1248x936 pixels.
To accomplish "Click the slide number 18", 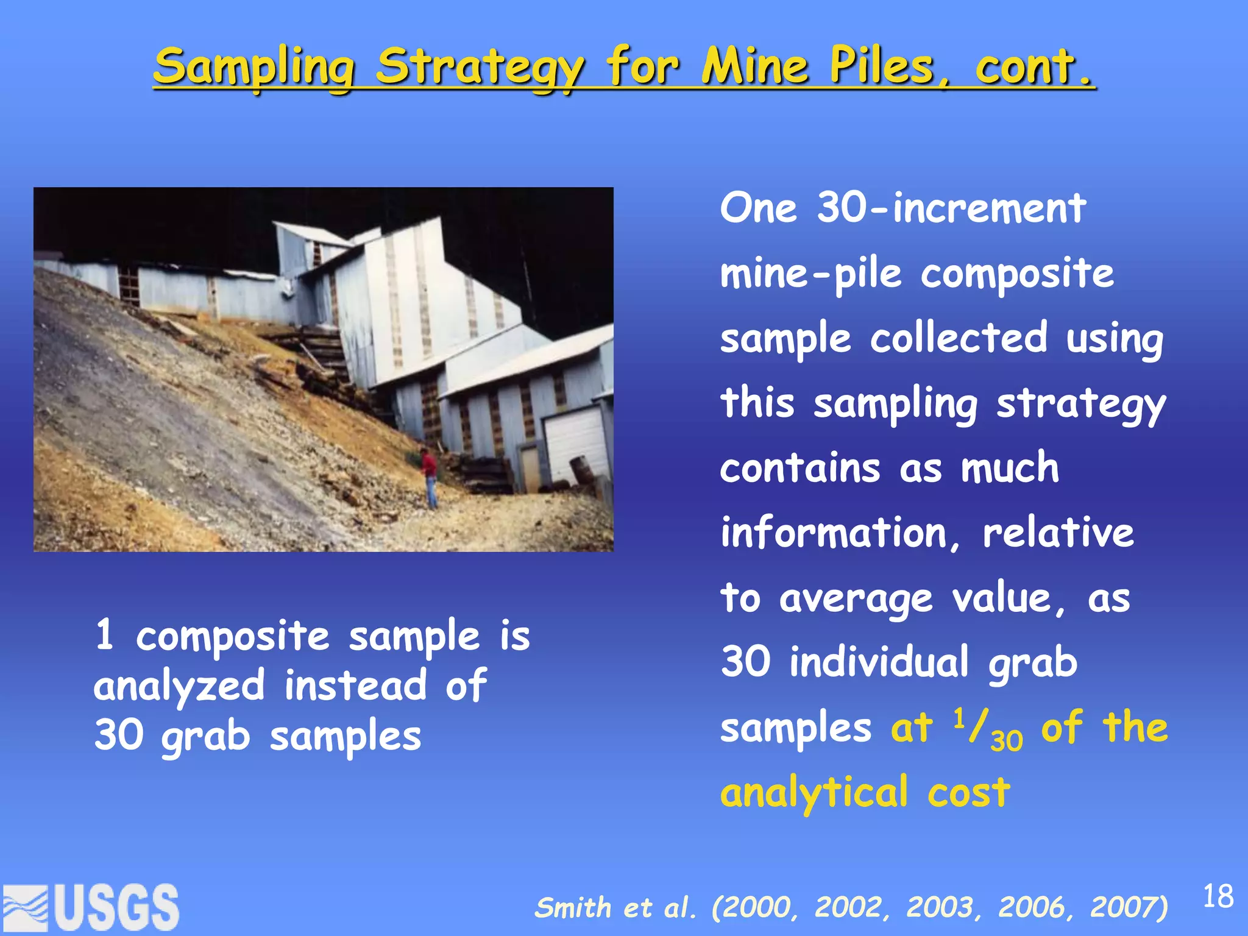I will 1218,896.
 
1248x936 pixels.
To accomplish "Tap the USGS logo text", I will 116,908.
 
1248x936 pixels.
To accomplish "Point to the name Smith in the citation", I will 573,907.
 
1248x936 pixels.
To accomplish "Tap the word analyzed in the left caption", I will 179,686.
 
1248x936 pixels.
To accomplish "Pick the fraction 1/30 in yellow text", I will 987,729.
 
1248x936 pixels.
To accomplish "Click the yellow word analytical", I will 814,794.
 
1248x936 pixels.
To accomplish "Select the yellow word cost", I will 969,794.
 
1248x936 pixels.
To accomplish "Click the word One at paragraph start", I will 758,208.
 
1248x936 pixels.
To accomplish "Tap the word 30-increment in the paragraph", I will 951,208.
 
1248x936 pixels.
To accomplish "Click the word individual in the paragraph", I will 878,662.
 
